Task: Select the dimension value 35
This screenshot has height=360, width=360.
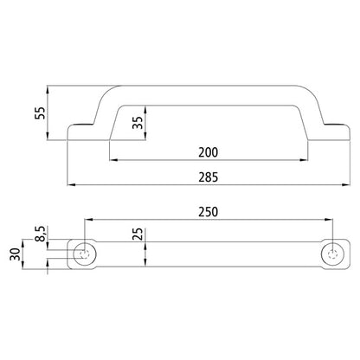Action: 136,120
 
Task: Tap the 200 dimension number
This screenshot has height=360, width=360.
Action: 207,152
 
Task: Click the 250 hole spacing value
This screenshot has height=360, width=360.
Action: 207,211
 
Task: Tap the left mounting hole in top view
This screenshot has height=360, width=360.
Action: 84,254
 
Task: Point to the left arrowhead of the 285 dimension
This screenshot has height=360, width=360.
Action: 71,185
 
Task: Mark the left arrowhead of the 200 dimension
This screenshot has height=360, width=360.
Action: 111,160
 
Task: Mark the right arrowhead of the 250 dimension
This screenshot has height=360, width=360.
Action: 331,219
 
